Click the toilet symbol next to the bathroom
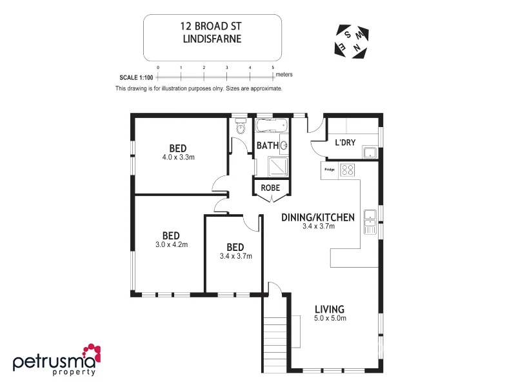click(x=240, y=128)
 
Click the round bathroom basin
click(x=283, y=146)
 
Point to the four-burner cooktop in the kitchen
click(x=348, y=170)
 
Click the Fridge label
click(x=329, y=170)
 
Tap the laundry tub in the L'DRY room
click(x=370, y=153)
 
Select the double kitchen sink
click(x=370, y=221)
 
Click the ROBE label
click(x=269, y=188)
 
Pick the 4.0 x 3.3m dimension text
click(x=179, y=157)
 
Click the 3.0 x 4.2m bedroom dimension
click(x=170, y=244)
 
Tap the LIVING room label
click(x=329, y=309)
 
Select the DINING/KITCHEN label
click(x=318, y=217)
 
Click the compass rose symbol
click(x=351, y=39)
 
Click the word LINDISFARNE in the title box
click(x=212, y=39)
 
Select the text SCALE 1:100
click(x=136, y=77)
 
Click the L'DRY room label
click(x=345, y=143)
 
